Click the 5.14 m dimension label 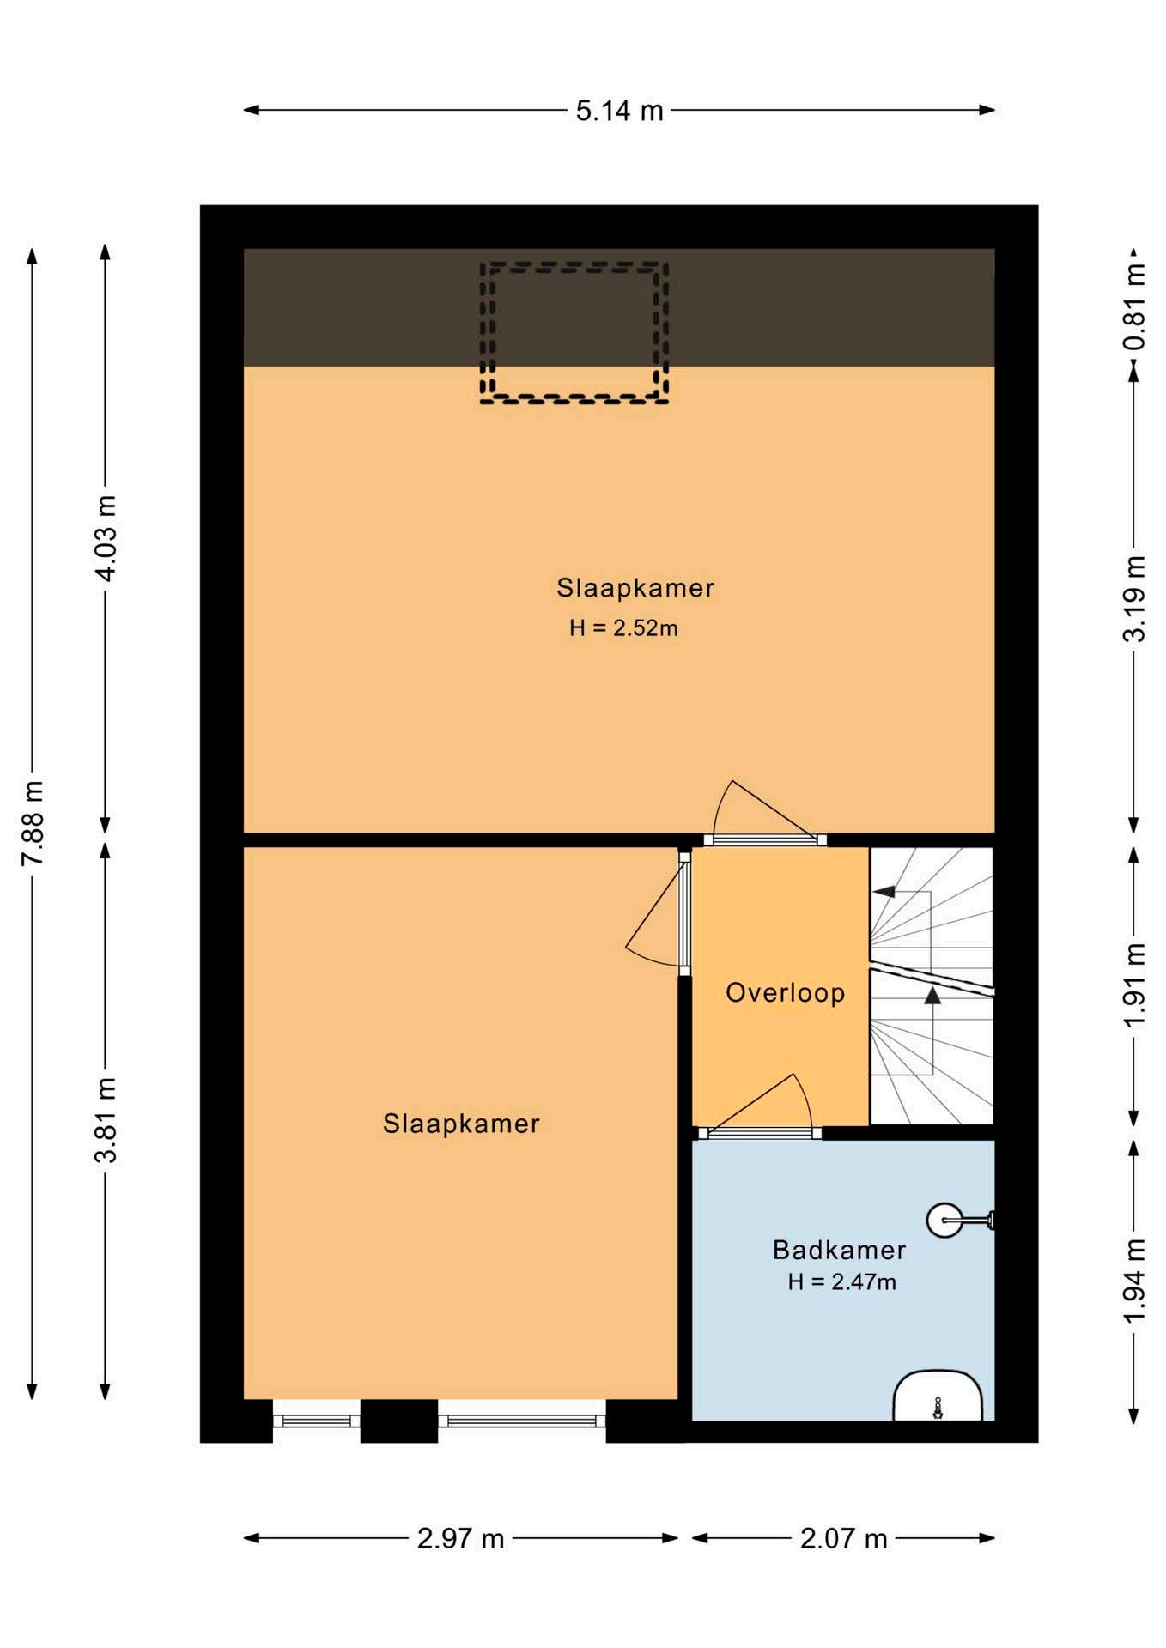coord(619,111)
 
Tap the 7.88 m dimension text coord(33,823)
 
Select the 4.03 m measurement coord(105,538)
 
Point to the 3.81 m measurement coord(105,1119)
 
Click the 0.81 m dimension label coord(1133,307)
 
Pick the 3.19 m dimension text coord(1133,598)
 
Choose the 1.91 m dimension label coord(1133,985)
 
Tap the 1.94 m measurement coord(1133,1281)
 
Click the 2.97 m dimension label coord(460,1539)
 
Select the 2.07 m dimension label coord(843,1539)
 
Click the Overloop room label coord(785,993)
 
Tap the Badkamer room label coord(839,1250)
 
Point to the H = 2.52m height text coord(623,628)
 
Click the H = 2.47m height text coord(841,1282)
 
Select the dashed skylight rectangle coord(574,264)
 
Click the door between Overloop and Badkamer coord(759,1133)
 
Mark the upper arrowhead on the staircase coord(884,892)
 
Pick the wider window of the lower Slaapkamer coord(522,1421)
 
